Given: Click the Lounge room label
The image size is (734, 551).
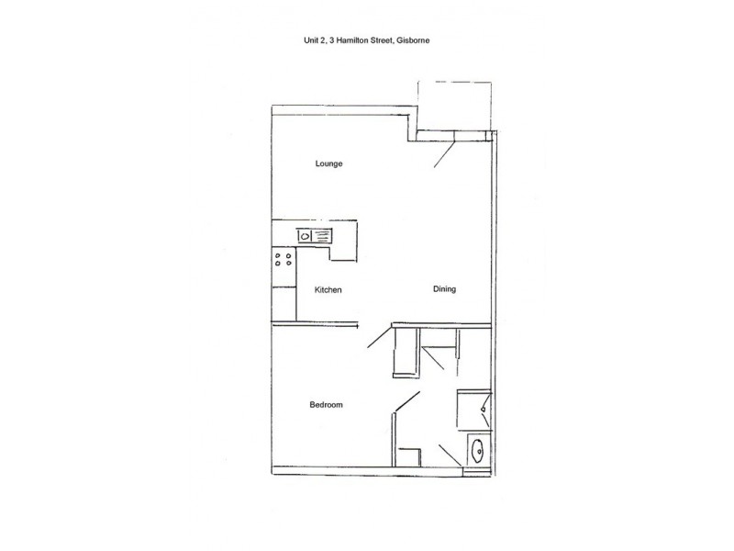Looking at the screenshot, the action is click(328, 163).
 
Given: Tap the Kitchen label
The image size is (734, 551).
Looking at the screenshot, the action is click(328, 289).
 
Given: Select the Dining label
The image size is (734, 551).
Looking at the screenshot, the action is click(444, 289).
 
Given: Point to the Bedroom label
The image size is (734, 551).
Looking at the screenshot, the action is click(326, 404).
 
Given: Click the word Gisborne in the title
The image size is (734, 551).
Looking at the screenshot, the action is click(413, 40).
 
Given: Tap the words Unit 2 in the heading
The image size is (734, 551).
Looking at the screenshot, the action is click(314, 40).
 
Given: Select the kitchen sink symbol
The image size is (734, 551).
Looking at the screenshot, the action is click(314, 236).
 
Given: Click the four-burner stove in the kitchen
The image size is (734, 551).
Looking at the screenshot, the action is click(284, 259).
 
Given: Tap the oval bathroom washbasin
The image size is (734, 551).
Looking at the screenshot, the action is click(478, 450).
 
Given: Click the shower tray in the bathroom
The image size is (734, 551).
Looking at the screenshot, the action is click(473, 410).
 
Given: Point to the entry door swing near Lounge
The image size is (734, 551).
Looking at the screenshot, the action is click(445, 154).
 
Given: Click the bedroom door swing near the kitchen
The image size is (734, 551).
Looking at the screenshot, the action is click(380, 337).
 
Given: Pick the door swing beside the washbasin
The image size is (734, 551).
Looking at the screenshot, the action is click(450, 455).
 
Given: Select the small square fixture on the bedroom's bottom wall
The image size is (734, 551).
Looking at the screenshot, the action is click(408, 457).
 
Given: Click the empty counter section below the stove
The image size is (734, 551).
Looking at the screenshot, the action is click(284, 304).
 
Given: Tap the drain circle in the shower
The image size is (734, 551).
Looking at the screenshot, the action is click(483, 410).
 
